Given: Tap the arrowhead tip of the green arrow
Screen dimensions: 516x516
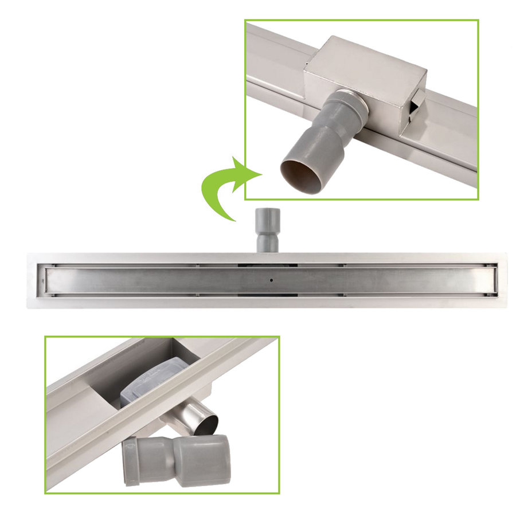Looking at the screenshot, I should click(x=261, y=173).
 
